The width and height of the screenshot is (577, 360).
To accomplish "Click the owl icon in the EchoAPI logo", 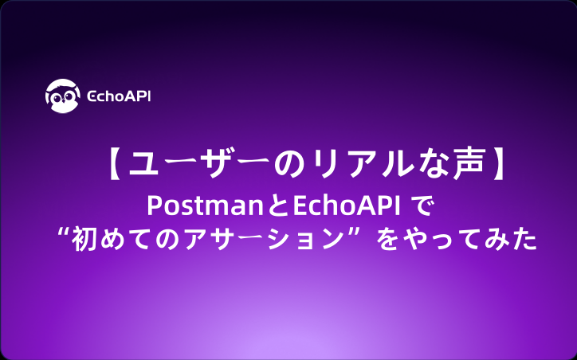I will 61,96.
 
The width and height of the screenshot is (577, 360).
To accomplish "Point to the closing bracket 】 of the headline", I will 499,165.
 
